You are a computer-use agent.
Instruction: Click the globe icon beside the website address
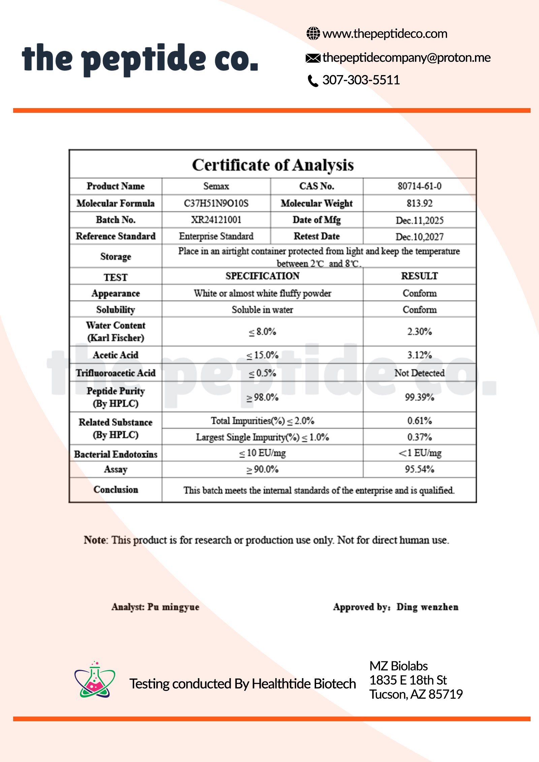coord(313,33)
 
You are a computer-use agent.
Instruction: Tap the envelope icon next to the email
coord(313,58)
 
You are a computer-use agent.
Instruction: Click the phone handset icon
coord(313,81)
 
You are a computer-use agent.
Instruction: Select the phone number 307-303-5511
coord(361,80)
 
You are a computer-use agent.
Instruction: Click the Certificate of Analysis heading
coord(273,165)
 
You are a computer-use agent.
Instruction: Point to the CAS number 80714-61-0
coord(419,186)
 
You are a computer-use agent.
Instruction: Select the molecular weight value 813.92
coord(419,203)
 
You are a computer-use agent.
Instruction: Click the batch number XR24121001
coord(216,220)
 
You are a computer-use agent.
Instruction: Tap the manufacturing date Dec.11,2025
coord(419,221)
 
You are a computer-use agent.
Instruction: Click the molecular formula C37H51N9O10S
coord(216,203)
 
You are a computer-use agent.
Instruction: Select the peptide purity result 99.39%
coord(419,397)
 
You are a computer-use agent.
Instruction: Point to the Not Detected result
coord(419,373)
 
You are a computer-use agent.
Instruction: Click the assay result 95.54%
coord(419,469)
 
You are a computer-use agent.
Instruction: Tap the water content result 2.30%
coord(419,332)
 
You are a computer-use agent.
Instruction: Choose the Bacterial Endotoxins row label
coord(116,454)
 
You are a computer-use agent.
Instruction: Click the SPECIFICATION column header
coord(262,276)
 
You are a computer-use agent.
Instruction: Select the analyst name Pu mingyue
coord(173,607)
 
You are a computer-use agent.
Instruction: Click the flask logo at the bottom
coord(95,680)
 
